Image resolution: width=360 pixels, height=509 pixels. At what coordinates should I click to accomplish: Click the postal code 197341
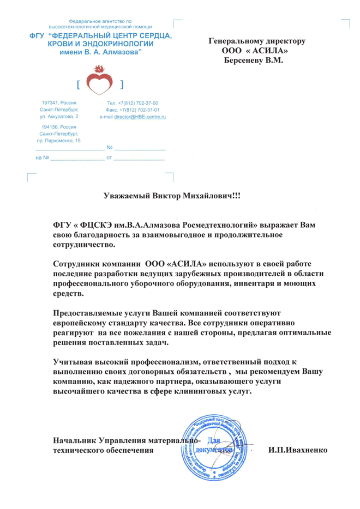[51, 103]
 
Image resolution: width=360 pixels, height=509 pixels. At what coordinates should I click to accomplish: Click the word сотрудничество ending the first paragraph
[88, 245]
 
